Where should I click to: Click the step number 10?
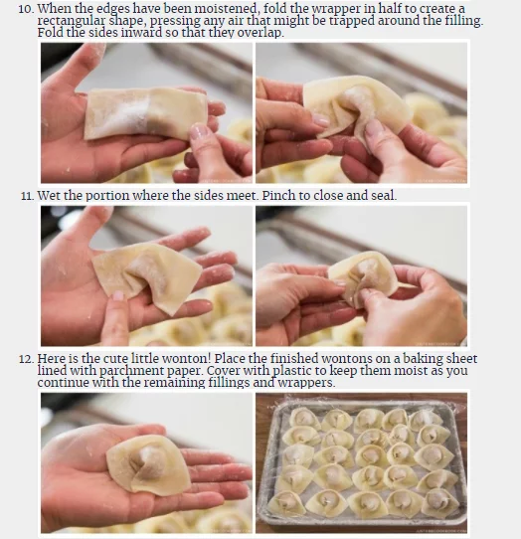pyautogui.click(x=25, y=9)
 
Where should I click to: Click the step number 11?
pyautogui.click(x=27, y=196)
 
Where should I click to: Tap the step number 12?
pyautogui.click(x=26, y=359)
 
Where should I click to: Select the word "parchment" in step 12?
pyautogui.click(x=129, y=371)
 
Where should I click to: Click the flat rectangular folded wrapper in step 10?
pyautogui.click(x=145, y=113)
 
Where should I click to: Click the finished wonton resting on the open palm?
pyautogui.click(x=148, y=464)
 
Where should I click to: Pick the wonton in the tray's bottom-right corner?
pyautogui.click(x=439, y=503)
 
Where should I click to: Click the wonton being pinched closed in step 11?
pyautogui.click(x=364, y=278)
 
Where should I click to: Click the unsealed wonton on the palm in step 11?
pyautogui.click(x=147, y=274)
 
